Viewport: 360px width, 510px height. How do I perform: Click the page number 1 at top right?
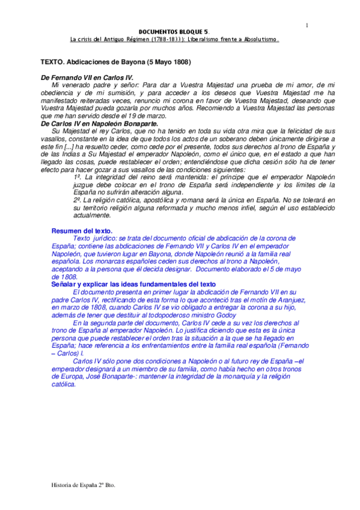coord(307,25)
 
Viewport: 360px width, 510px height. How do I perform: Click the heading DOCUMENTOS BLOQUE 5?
coord(174,32)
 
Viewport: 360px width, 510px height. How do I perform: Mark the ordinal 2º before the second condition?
coord(76,198)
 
